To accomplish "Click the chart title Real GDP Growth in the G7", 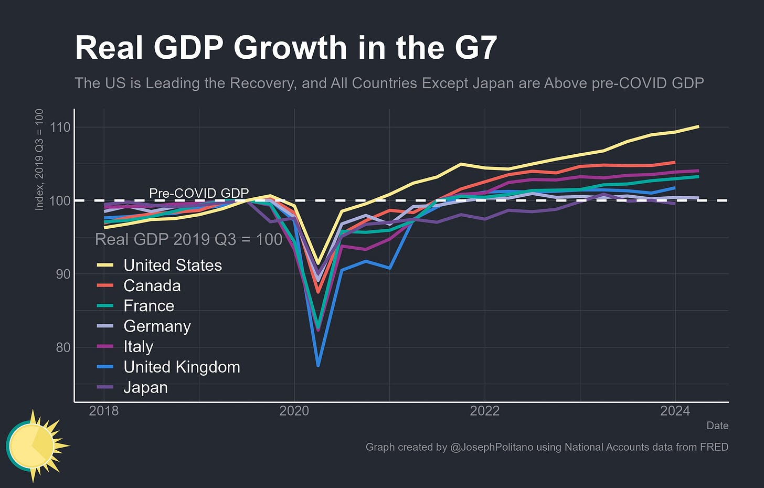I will point(286,48).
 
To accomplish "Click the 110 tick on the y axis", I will point(61,128).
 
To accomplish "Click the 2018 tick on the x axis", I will point(104,411).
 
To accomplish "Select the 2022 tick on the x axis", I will point(485,411).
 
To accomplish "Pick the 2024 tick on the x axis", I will point(675,411).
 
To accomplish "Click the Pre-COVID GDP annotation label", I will point(199,193).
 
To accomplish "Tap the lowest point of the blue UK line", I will point(318,365).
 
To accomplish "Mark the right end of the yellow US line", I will point(698,126).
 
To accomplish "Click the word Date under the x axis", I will point(717,426).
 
